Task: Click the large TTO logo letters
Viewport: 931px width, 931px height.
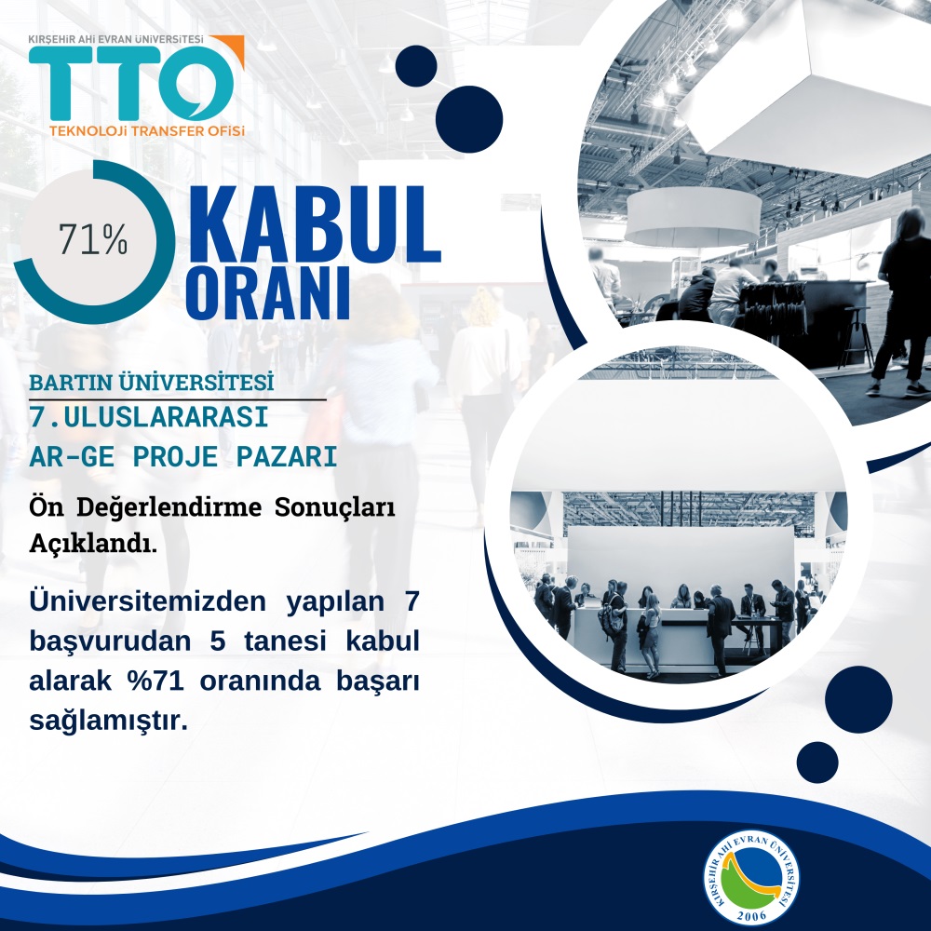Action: [130, 83]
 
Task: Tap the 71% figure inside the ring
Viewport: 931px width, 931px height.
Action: [92, 239]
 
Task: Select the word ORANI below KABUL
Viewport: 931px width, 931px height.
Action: [268, 294]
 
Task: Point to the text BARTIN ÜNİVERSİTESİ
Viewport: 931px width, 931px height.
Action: [152, 383]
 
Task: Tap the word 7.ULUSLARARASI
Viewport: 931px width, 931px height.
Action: [149, 417]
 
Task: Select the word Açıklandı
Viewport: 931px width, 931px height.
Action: [93, 544]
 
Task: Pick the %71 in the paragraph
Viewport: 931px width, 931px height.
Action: [155, 681]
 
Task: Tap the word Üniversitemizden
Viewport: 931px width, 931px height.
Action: [148, 600]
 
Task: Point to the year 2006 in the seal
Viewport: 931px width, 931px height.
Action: [751, 915]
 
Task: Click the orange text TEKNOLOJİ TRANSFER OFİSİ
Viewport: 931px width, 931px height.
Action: [147, 130]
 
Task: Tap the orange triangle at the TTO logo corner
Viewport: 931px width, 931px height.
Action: [231, 47]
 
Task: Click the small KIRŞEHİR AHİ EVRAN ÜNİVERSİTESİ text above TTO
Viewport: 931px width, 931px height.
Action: [115, 39]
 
